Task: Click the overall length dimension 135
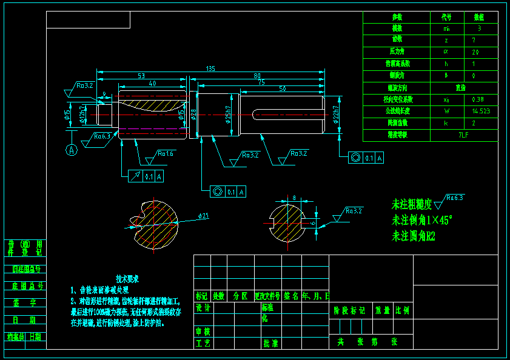coord(210,68)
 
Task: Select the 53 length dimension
coord(141,76)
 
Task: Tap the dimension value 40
coord(152,83)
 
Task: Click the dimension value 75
coord(261,82)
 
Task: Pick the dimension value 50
coord(283,89)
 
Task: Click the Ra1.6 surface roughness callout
coord(165,154)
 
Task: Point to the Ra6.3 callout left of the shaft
coord(102,136)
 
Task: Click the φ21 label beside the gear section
coord(204,216)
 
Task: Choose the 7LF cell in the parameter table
coord(464,135)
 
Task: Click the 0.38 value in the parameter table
coord(478,99)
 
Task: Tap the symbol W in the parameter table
coord(447,111)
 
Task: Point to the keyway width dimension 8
coord(294,198)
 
